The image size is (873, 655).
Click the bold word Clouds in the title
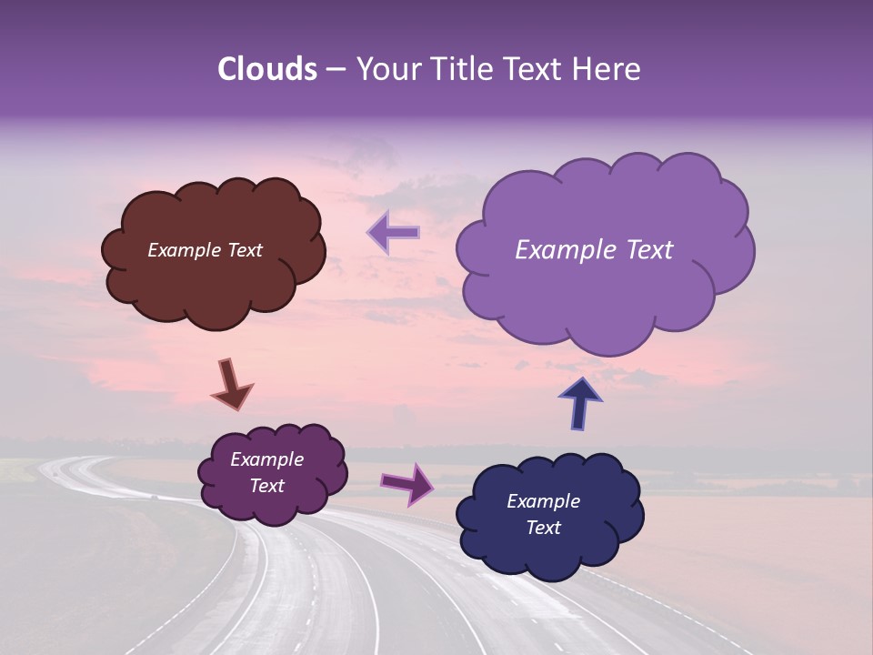coord(267,69)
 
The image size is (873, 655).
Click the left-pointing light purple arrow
coord(393,233)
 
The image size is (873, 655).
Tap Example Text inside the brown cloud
coord(205,250)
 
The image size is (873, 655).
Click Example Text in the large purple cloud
coord(594,250)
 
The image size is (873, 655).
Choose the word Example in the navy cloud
coord(543,501)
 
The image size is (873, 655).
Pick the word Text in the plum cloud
coord(266,486)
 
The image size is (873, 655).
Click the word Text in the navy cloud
coord(543,528)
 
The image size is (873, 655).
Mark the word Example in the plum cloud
coord(266,459)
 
